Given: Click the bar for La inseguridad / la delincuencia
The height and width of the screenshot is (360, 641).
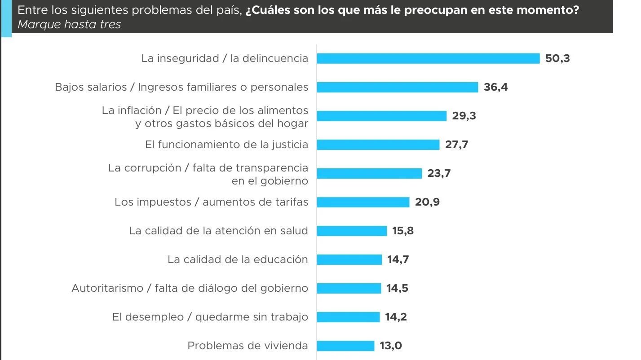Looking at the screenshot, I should (428, 58).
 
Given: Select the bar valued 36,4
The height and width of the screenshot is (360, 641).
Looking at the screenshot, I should (397, 87).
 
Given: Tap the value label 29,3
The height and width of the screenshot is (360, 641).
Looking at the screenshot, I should (464, 116).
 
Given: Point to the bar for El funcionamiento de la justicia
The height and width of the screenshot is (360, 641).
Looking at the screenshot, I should (378, 145).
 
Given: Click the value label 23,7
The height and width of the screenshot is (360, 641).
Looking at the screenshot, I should (439, 173).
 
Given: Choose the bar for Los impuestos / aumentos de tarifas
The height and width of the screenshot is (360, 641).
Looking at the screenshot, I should (363, 202).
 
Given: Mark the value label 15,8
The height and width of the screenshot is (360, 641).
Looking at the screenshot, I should (403, 231).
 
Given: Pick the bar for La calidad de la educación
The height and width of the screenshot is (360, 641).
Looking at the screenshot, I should (349, 259).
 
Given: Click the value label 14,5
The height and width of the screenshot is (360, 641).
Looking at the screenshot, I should (398, 288).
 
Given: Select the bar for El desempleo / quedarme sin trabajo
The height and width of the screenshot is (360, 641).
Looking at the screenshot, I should (348, 317).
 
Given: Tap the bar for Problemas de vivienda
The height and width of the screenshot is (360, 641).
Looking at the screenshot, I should (345, 346).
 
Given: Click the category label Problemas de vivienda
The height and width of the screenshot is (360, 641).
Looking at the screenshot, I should (248, 346).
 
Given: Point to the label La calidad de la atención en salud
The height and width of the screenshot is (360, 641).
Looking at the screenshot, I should (218, 231).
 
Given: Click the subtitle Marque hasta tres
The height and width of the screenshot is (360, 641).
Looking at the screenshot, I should (69, 24).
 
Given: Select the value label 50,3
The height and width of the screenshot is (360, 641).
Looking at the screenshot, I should (557, 58).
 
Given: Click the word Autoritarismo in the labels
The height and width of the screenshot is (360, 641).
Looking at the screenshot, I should (107, 288).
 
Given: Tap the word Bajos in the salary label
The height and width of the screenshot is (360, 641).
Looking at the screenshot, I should (68, 87).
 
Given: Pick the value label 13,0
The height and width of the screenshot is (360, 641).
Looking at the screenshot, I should (391, 346).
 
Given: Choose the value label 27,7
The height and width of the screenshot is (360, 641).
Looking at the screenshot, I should (456, 145).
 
